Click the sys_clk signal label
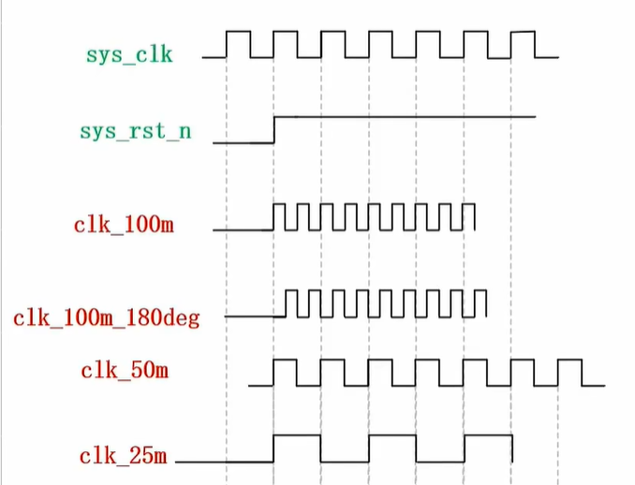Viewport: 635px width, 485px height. point(129,55)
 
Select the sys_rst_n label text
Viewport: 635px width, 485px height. point(135,131)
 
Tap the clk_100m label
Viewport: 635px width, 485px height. point(124,224)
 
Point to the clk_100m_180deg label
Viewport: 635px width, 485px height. point(107,318)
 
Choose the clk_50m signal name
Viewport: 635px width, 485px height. point(125,371)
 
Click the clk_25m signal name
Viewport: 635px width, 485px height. point(123,456)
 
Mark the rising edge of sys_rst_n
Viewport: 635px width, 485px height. point(274,129)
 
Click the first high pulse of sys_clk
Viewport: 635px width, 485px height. point(238,32)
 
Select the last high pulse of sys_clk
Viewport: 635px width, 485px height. point(523,32)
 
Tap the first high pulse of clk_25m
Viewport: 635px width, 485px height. point(297,435)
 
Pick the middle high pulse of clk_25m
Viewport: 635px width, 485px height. point(392,435)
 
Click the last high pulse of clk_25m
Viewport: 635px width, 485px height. point(488,435)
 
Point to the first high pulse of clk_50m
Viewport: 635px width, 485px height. point(285,360)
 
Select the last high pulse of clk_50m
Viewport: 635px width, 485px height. point(569,360)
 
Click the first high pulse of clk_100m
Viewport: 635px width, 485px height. point(279,204)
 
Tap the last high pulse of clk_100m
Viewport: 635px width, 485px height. point(469,204)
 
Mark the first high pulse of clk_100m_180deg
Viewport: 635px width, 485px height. point(291,290)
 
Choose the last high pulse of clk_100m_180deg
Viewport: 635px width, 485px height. point(480,290)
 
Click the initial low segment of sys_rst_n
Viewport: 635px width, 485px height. point(244,143)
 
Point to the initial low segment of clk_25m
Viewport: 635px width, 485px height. point(225,462)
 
